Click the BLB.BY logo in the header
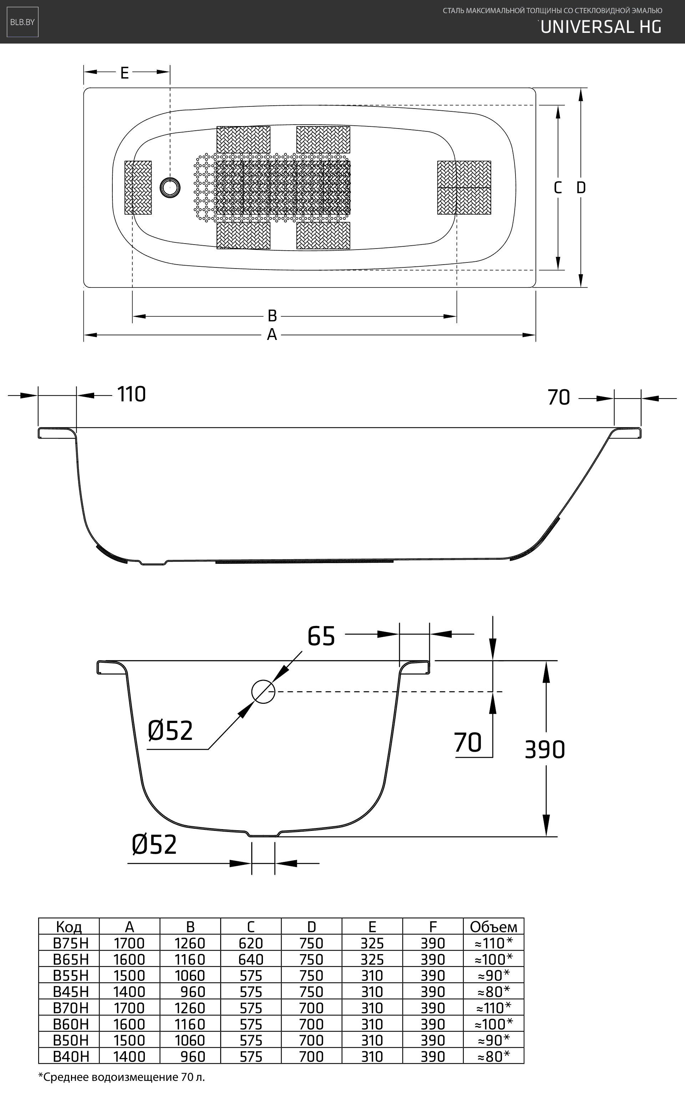coord(22,22)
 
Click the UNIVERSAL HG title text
coord(601,27)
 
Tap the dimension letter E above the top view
coord(125,72)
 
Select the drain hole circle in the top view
coord(170,187)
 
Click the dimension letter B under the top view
coord(272,316)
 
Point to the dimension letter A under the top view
coord(272,335)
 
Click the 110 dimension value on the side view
coord(131,395)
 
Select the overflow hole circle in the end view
coord(263,692)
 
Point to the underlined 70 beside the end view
coord(467,743)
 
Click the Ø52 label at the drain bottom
coord(154,844)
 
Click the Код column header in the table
coord(69,926)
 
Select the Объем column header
coord(493,926)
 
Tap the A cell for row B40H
coord(129,1056)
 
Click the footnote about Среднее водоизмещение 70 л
coord(121,1077)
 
